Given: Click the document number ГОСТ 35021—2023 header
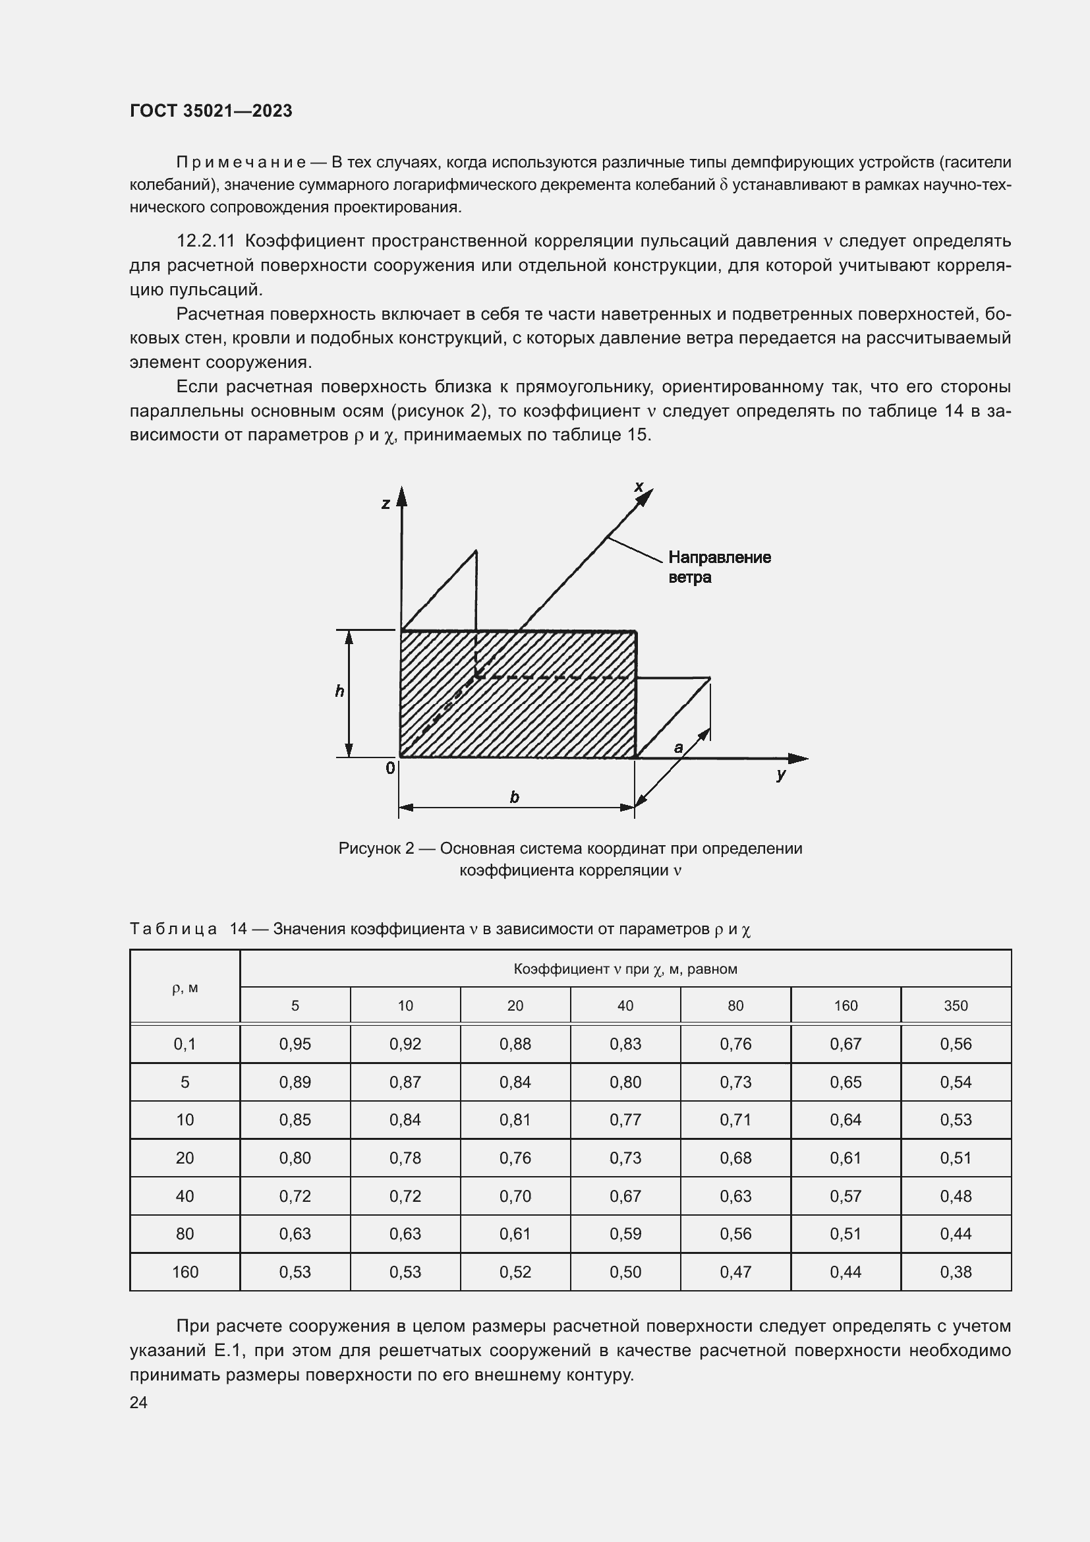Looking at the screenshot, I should [x=211, y=111].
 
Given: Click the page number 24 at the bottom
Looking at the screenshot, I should [x=138, y=1402].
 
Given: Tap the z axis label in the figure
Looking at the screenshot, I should [x=386, y=503].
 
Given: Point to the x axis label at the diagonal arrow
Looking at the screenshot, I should [x=639, y=487].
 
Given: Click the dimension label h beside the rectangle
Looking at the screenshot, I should [x=339, y=691].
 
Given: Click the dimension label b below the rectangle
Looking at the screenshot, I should [x=515, y=797].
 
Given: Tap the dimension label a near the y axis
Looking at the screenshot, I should [x=679, y=747].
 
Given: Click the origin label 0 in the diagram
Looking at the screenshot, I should [x=390, y=768].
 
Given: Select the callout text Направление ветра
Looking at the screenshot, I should [x=719, y=567].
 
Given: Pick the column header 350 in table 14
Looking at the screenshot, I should [x=956, y=1005].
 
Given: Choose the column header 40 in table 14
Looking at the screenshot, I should [x=625, y=1005].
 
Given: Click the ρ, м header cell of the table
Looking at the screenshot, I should [x=185, y=988].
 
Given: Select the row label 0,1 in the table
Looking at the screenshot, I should [x=185, y=1044].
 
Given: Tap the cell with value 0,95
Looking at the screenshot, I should [x=295, y=1044].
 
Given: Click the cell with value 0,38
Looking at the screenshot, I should [x=956, y=1271].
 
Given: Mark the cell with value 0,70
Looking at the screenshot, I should [x=515, y=1195].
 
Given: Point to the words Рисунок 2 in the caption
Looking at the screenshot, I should [x=376, y=848].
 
